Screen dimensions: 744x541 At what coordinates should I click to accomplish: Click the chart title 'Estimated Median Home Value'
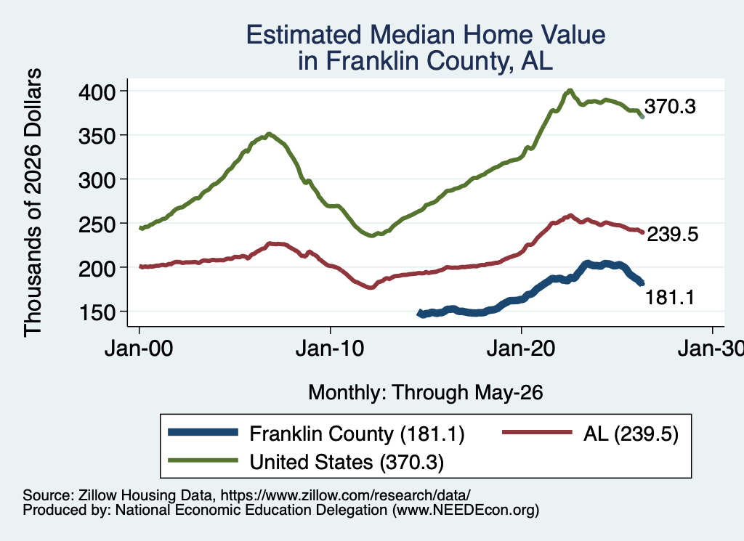coord(426,35)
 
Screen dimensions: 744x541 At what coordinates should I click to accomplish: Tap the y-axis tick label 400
coord(97,91)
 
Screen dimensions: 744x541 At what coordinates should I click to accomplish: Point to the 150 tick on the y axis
coord(97,312)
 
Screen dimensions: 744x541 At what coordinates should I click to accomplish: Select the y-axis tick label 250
coord(97,224)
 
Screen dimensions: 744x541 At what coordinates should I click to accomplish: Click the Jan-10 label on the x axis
coord(330,349)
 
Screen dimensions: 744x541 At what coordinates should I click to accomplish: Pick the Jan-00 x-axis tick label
coord(139,349)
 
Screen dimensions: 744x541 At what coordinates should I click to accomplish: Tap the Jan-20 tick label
coord(521,349)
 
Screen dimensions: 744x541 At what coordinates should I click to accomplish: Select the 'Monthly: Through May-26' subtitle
coord(426,393)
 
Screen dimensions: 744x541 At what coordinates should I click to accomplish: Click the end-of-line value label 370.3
coord(670,107)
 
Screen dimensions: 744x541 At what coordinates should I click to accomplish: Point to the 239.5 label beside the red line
coord(672,235)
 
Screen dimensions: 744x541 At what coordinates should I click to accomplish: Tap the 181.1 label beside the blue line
coord(669,297)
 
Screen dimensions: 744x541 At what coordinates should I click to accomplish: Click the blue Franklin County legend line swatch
coord(203,432)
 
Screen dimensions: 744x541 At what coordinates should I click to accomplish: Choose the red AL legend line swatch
coord(537,432)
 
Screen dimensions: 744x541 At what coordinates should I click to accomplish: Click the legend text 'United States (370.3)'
coord(347,463)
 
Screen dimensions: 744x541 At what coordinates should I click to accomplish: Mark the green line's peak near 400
coord(570,90)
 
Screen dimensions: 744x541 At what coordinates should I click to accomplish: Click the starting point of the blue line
coord(419,314)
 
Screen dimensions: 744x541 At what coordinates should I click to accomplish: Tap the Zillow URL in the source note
coord(345,495)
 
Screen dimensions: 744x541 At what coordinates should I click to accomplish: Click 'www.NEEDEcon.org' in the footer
coord(465,511)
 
